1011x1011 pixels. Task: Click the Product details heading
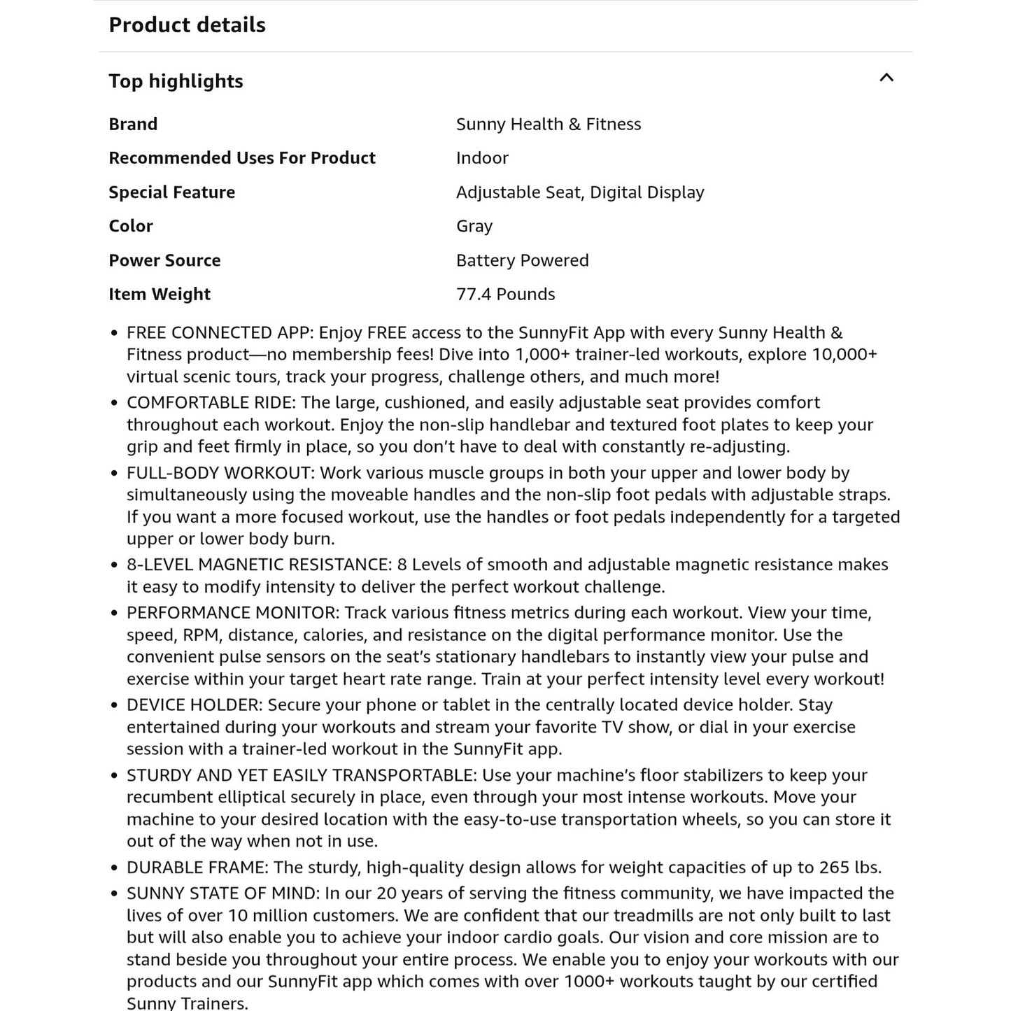coord(187,25)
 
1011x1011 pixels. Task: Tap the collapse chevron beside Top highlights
coord(886,78)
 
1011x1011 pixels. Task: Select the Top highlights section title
coord(176,81)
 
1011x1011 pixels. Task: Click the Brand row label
coord(133,125)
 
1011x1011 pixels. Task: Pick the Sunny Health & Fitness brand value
coord(548,125)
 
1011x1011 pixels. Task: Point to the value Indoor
coord(482,158)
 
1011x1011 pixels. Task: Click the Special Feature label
coord(171,192)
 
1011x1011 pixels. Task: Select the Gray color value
coord(474,226)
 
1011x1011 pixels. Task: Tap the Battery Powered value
coord(522,260)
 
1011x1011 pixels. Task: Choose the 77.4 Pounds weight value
coord(505,295)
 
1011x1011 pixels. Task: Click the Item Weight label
coord(159,295)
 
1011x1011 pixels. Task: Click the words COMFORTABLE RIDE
coord(211,403)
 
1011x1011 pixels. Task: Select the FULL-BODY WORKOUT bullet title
coord(218,473)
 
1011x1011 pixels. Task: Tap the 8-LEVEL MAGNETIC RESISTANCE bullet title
coord(258,565)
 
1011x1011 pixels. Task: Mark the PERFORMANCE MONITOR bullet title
coord(232,613)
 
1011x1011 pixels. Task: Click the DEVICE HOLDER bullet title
coord(194,705)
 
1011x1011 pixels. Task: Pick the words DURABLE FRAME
coord(197,868)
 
